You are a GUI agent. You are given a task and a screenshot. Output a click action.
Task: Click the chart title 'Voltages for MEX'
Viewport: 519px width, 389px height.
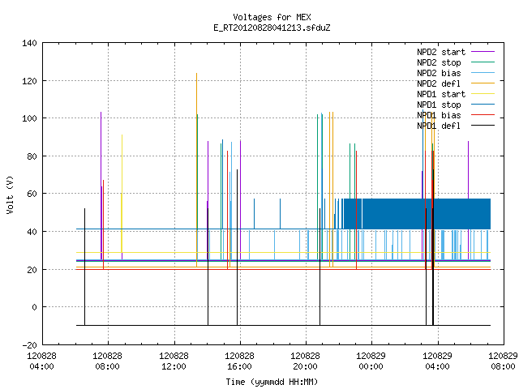click(x=272, y=17)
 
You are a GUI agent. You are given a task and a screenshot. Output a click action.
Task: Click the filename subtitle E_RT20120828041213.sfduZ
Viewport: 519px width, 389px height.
click(x=272, y=28)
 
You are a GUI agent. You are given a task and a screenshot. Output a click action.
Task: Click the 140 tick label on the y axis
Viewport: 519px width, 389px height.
click(x=29, y=43)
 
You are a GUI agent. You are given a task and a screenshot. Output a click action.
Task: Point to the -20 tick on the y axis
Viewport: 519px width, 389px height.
click(x=29, y=345)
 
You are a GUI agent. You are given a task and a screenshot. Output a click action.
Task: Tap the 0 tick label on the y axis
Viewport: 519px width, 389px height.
click(x=34, y=307)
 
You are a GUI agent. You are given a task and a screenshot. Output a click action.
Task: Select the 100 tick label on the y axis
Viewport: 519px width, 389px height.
click(x=29, y=118)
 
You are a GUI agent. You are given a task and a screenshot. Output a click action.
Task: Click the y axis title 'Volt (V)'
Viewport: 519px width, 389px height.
click(x=10, y=194)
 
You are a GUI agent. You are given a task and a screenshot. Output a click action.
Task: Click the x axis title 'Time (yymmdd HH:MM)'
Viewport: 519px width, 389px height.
click(x=272, y=382)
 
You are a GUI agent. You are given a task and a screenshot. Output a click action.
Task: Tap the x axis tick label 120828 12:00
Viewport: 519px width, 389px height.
click(x=174, y=361)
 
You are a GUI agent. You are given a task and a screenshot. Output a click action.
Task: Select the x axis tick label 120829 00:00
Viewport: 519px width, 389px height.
click(x=371, y=361)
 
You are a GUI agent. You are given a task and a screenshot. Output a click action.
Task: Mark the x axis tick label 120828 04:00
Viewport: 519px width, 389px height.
click(x=41, y=361)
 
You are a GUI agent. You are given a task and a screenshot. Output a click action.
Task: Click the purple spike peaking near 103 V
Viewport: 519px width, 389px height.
click(x=101, y=186)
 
